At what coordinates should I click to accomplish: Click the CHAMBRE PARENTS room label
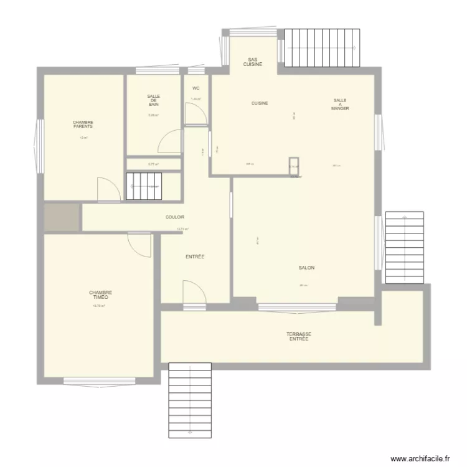tap(83, 124)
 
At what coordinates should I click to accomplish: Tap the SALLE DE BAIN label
tap(153, 100)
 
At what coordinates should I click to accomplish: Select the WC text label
tap(196, 88)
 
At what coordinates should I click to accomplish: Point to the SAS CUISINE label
tap(252, 62)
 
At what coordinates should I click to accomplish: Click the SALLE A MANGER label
tap(340, 104)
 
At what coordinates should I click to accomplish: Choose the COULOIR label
tap(175, 217)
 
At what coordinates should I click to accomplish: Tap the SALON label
tap(306, 268)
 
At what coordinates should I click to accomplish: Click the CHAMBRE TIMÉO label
tap(100, 295)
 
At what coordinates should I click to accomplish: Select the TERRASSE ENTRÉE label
tap(299, 336)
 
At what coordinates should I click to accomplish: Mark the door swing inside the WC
tap(196, 113)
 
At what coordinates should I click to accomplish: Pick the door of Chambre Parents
tap(109, 189)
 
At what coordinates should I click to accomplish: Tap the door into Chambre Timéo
tap(139, 245)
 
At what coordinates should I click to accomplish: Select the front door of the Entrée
tap(194, 293)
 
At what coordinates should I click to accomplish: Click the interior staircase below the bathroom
tap(144, 186)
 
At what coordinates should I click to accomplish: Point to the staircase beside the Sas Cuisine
tap(323, 47)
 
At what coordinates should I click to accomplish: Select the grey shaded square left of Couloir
tap(61, 217)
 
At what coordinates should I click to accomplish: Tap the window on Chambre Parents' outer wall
tap(40, 146)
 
